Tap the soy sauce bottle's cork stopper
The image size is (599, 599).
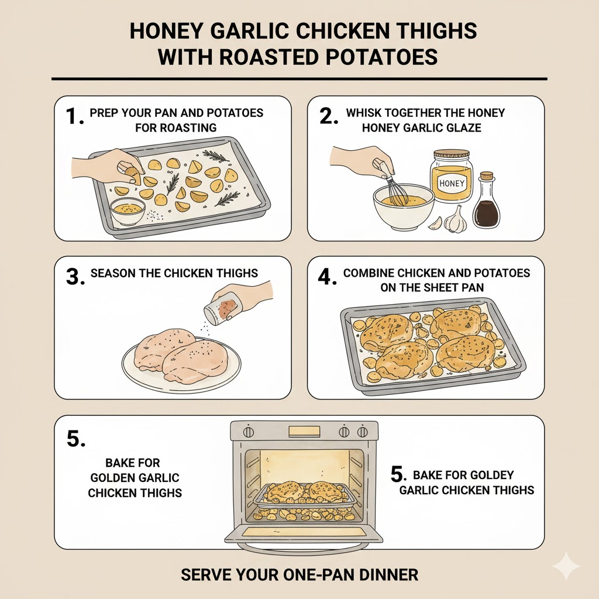pyautogui.click(x=486, y=175)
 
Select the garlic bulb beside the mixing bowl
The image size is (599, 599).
pyautogui.click(x=456, y=220)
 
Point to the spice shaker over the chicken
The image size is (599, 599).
pyautogui.click(x=223, y=308)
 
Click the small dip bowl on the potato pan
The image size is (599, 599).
pyautogui.click(x=128, y=211)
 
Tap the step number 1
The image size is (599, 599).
pyautogui.click(x=74, y=116)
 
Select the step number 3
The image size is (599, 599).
pyautogui.click(x=75, y=277)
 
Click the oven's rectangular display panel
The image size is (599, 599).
pyautogui.click(x=304, y=431)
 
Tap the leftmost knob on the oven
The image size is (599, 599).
pyautogui.click(x=249, y=432)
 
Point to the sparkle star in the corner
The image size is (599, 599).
pyautogui.click(x=566, y=566)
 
